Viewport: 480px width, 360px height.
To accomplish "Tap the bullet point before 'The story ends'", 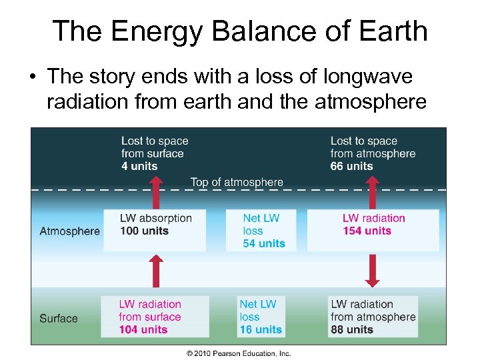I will [x=32, y=78].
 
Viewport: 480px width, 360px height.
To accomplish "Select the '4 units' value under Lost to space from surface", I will [x=139, y=166].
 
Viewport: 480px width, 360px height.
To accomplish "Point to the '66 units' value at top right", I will [x=351, y=166].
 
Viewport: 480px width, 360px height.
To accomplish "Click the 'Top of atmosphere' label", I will [x=237, y=182].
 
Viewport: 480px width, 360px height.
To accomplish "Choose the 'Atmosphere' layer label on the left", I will [x=69, y=231].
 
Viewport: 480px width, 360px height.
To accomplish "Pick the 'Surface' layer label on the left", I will [x=59, y=318].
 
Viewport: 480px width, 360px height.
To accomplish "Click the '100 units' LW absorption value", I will [x=145, y=231].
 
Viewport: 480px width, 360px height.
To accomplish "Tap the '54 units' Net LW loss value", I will [x=264, y=243].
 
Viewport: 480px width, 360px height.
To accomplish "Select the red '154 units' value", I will [x=367, y=231].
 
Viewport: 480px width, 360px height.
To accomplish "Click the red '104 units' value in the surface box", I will [x=143, y=329].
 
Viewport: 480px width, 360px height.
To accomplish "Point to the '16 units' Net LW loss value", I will [x=261, y=329].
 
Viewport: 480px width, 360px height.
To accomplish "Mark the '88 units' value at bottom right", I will [x=352, y=329].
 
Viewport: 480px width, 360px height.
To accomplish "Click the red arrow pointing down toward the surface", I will [x=372, y=271].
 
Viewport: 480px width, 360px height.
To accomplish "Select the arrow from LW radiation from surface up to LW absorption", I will [x=155, y=271].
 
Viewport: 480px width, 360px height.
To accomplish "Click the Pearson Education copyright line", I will [x=239, y=353].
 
